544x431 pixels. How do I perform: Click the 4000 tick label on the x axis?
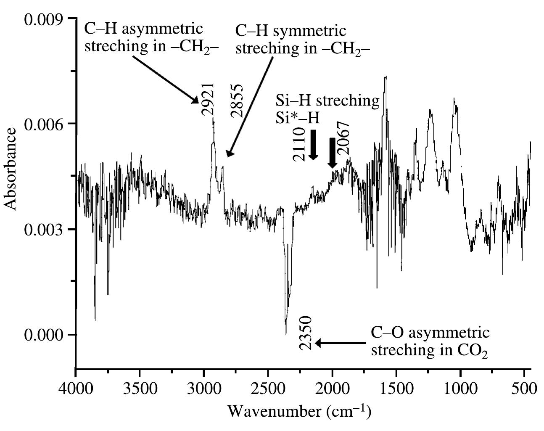(76, 388)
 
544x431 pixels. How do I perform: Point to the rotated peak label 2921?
(208, 99)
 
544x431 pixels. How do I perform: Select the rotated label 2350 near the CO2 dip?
(306, 333)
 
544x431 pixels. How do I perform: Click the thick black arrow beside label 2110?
(313, 145)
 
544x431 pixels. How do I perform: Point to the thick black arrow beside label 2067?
(333, 153)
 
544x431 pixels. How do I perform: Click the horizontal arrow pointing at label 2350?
(341, 344)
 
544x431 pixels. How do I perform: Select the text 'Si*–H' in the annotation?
(298, 118)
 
